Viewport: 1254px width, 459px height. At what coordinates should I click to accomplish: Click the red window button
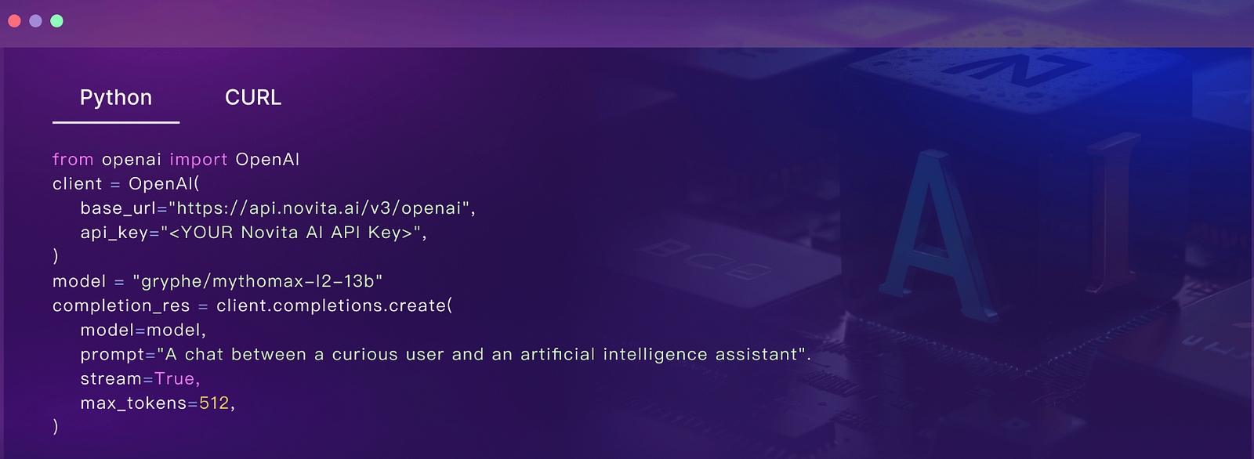point(15,21)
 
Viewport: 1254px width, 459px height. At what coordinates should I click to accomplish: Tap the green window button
point(56,21)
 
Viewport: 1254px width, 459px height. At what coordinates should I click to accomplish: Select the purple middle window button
point(35,21)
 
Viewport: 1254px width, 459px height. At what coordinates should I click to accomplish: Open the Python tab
point(116,98)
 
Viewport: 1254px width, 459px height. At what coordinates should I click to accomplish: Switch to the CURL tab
point(253,97)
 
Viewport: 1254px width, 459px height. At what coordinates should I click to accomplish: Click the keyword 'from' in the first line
point(73,160)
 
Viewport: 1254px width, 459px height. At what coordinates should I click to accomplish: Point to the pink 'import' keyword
point(199,160)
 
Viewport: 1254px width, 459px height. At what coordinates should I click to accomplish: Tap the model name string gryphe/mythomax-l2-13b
point(258,281)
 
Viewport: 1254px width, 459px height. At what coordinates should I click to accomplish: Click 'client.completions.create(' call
point(334,305)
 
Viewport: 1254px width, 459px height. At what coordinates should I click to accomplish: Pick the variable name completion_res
point(121,306)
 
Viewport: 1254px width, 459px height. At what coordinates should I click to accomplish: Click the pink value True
point(175,379)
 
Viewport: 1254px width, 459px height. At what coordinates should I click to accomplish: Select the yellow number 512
point(214,403)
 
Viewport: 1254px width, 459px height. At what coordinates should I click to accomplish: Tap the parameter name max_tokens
point(133,403)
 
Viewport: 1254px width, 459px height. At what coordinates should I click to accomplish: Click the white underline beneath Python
point(116,122)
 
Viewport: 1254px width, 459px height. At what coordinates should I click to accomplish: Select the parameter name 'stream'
point(111,379)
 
